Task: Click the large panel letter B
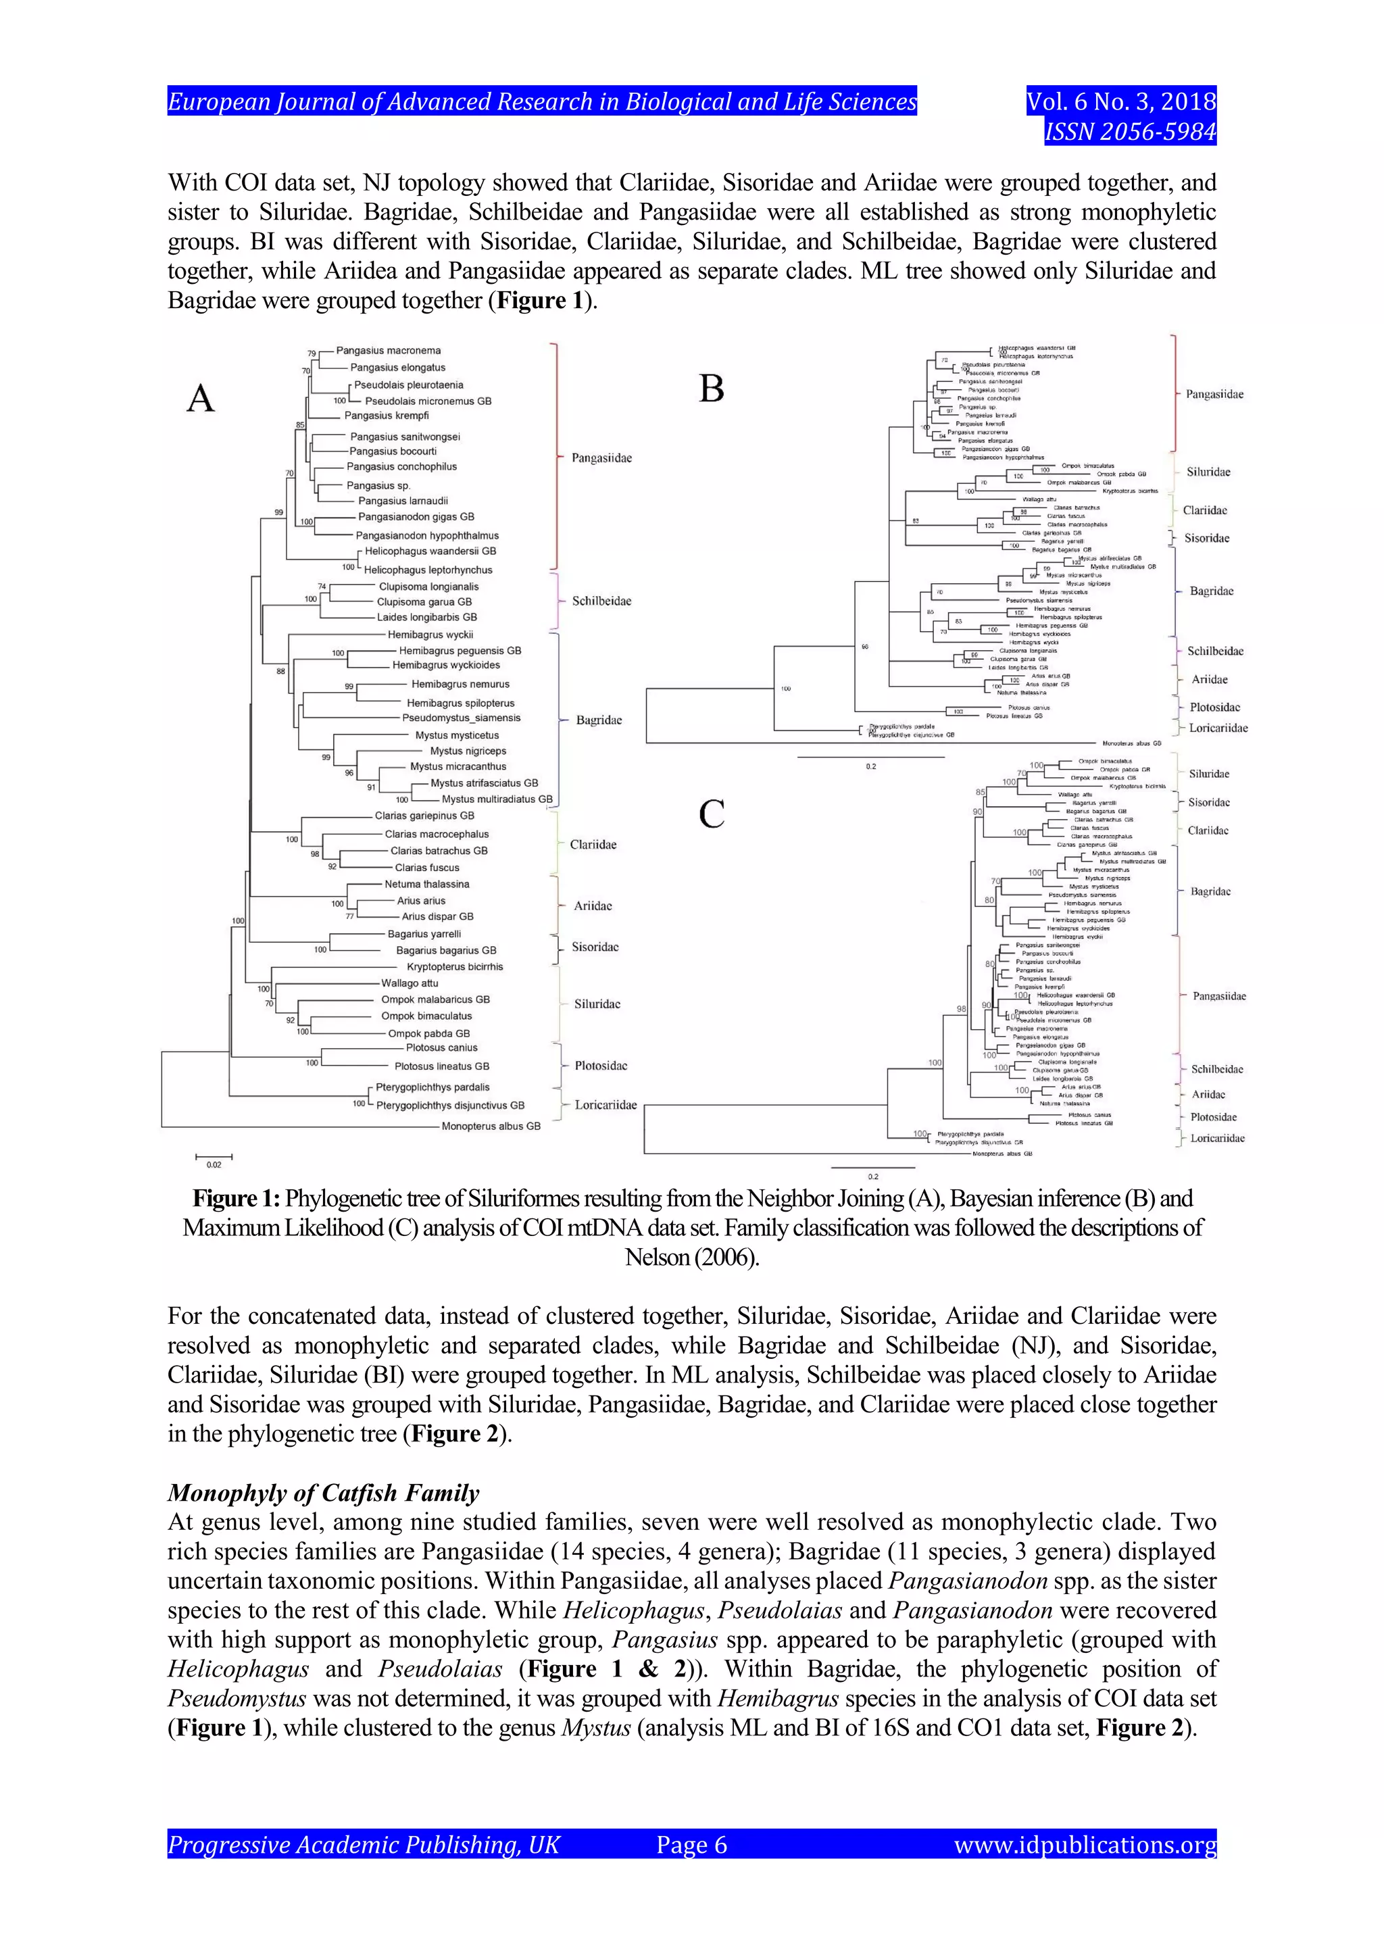tap(712, 389)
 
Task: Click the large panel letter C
tap(712, 814)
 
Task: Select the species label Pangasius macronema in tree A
tap(388, 350)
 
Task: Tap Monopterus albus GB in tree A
tap(491, 1126)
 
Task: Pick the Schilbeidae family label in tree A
tap(601, 601)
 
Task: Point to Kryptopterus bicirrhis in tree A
tap(454, 966)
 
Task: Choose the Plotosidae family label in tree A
tap(601, 1066)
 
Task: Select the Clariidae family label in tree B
tap(1205, 511)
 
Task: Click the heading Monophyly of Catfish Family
tap(323, 1493)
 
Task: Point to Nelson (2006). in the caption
tap(691, 1257)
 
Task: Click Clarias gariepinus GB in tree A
tap(424, 816)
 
